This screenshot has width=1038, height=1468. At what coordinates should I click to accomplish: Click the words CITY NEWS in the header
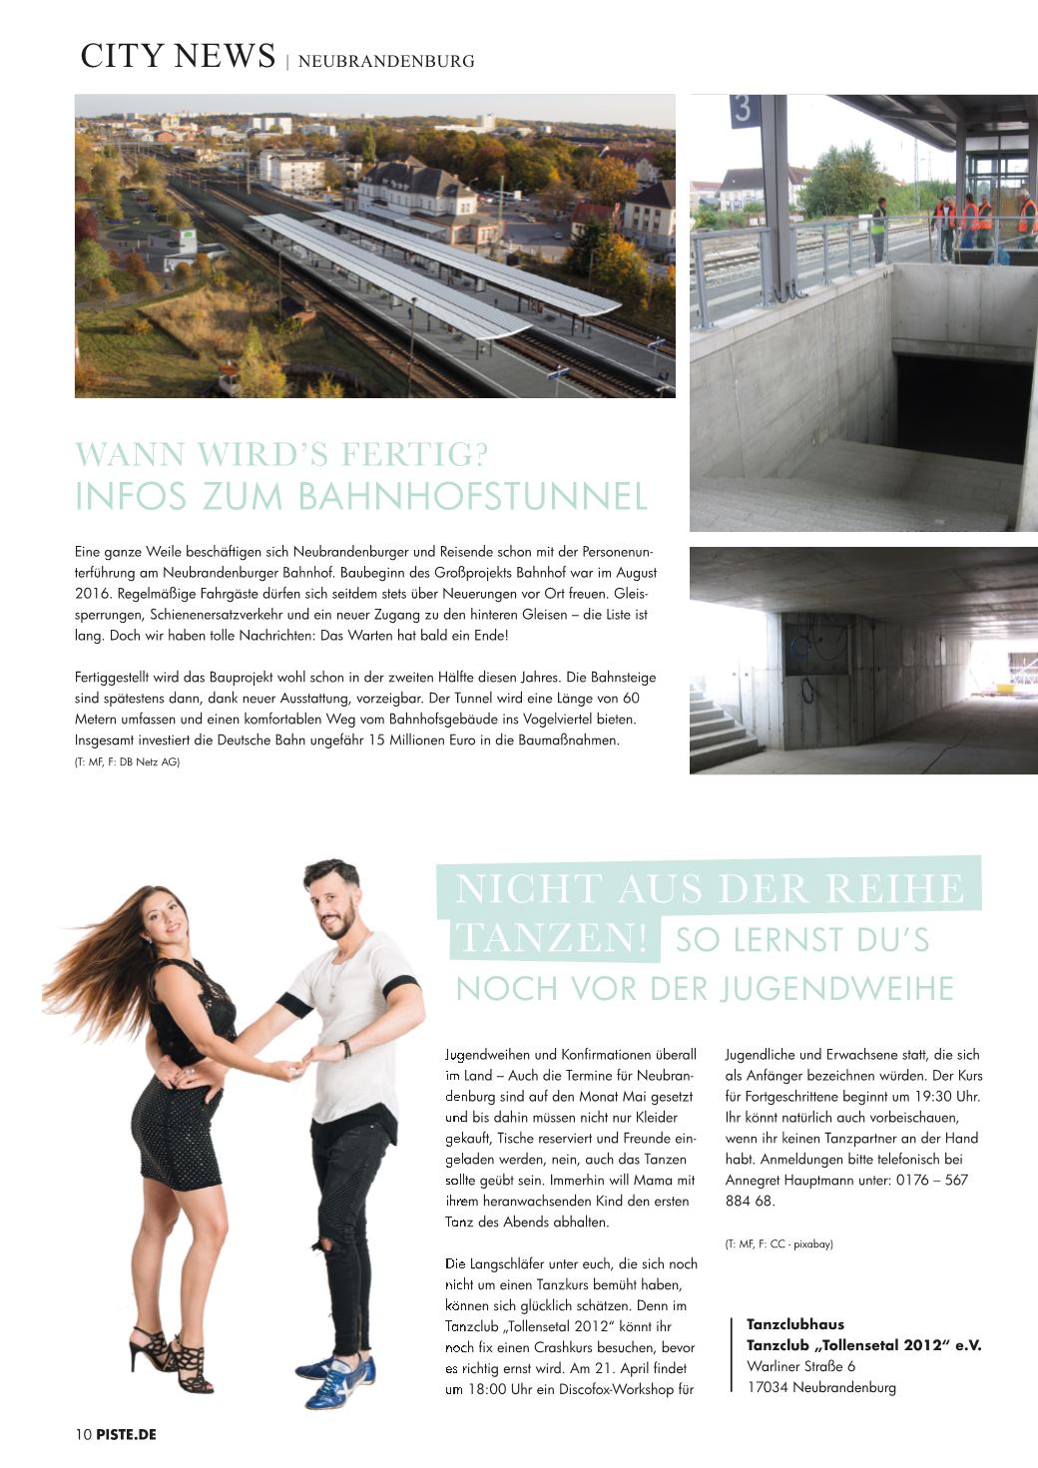[178, 56]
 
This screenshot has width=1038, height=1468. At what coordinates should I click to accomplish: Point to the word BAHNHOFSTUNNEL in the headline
[473, 497]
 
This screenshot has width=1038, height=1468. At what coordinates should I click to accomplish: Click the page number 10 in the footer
[83, 1435]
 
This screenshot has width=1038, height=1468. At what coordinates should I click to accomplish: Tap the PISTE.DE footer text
[127, 1435]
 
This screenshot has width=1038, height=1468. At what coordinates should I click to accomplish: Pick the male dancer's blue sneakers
[339, 1380]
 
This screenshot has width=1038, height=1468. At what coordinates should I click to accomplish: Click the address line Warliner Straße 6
[800, 1366]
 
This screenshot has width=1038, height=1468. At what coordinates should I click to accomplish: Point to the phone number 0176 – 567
[917, 1180]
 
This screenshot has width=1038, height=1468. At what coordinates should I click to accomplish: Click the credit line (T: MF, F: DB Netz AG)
[128, 762]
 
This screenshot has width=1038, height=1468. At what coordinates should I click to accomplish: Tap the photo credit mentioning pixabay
[778, 1243]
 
